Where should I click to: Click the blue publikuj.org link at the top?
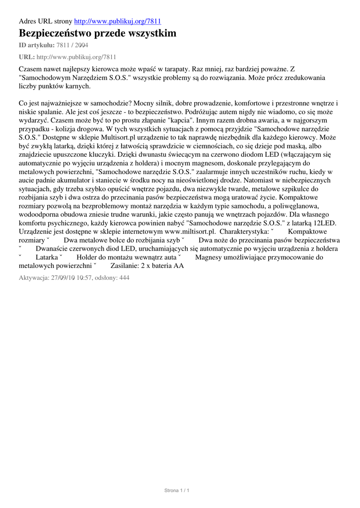tap(117, 21)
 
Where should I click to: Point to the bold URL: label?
tap(26, 57)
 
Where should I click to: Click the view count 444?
tap(124, 278)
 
